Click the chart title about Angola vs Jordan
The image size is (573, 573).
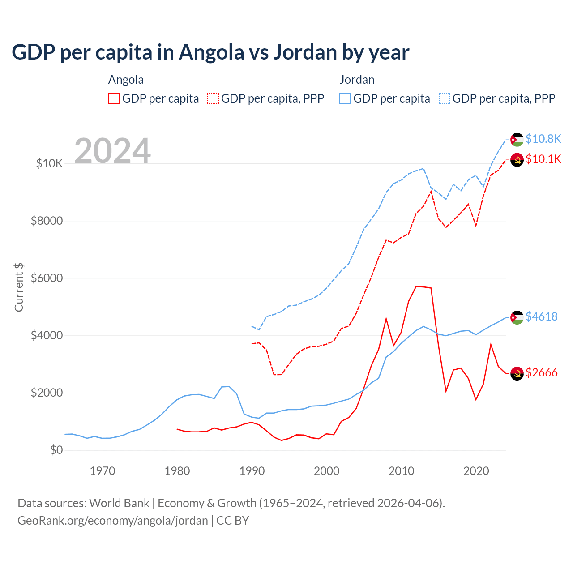click(x=210, y=52)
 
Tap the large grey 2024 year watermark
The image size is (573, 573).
click(x=112, y=151)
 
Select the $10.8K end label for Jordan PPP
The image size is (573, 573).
click(x=543, y=139)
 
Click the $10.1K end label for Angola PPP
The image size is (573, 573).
click(x=543, y=159)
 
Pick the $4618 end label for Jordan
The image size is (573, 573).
click(x=541, y=316)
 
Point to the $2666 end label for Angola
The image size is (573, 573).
click(x=541, y=372)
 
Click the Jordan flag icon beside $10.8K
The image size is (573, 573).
click(x=517, y=140)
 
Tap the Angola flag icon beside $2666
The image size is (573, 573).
click(x=517, y=373)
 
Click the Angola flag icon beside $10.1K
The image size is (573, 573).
click(x=517, y=160)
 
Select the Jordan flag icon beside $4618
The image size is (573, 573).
click(x=517, y=317)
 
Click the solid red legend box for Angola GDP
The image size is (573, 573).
click(x=114, y=98)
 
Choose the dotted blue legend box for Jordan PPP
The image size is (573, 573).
click(x=445, y=98)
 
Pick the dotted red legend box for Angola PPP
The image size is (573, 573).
click(x=213, y=98)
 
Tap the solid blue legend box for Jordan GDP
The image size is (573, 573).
click(x=345, y=98)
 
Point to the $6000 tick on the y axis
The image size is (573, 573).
click(x=47, y=278)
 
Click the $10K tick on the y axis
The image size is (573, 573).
click(x=49, y=163)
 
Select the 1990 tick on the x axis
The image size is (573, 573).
click(x=252, y=471)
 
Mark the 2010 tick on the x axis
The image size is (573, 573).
click(x=401, y=471)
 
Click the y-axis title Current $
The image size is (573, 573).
click(x=19, y=287)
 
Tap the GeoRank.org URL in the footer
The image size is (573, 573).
click(x=113, y=521)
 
